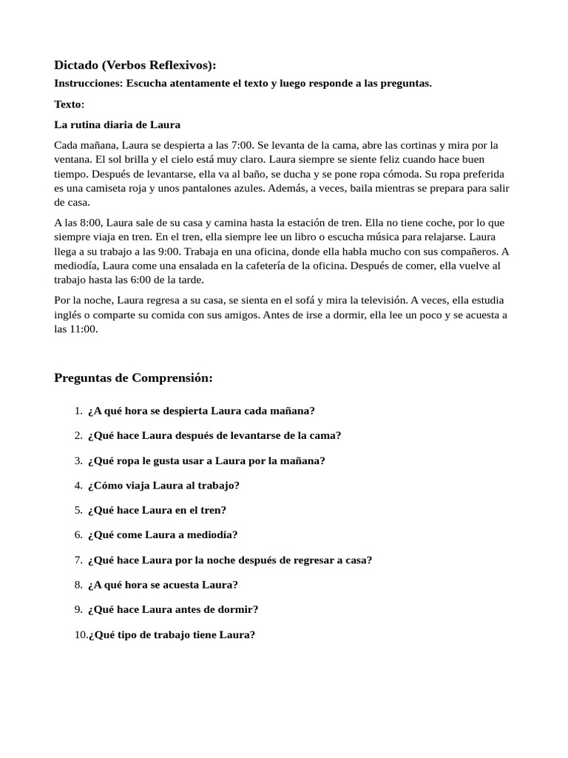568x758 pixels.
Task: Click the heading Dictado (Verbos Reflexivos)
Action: point(135,65)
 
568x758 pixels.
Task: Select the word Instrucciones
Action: point(88,84)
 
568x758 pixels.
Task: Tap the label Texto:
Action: point(70,104)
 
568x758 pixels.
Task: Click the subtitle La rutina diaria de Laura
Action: point(118,124)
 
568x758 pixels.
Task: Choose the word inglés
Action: point(68,315)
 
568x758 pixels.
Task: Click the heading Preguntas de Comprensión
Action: point(133,378)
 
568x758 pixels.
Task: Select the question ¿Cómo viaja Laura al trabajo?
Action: point(163,485)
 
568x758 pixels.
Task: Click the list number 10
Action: point(80,634)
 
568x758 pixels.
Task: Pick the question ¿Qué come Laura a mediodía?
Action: point(163,534)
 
